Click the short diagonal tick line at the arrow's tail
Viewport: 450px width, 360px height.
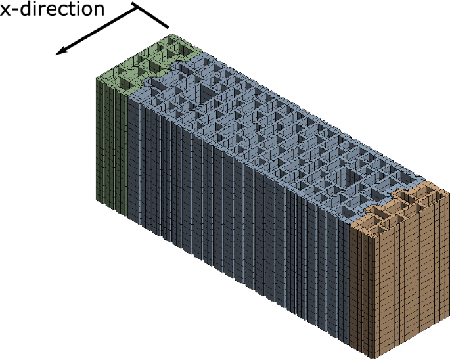(x=153, y=16)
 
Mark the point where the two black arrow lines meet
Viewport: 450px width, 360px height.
(x=137, y=6)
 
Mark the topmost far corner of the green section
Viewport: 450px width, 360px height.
(x=169, y=34)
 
